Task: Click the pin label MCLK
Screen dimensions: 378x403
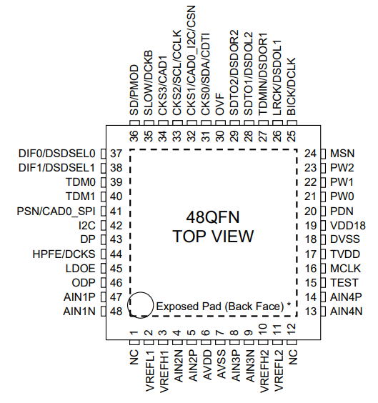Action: point(345,269)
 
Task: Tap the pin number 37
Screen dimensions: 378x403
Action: point(116,154)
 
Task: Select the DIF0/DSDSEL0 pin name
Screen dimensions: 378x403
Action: point(56,154)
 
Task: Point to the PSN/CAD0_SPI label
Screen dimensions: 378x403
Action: point(56,212)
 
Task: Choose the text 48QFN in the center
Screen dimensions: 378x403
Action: point(213,217)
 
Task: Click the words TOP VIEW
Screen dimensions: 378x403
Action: point(213,237)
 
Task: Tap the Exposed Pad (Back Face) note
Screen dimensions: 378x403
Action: point(224,307)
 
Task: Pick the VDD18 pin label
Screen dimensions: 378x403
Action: point(348,225)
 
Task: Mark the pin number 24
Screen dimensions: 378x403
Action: point(310,154)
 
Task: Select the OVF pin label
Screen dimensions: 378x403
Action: point(220,104)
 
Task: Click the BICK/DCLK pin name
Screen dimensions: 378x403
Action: point(292,86)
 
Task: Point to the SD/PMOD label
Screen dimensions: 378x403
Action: point(134,90)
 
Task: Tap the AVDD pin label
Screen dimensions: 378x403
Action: point(207,364)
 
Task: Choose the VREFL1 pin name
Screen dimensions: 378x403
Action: point(150,370)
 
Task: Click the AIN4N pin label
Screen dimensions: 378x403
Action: point(346,312)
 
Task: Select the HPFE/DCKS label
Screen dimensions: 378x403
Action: point(64,254)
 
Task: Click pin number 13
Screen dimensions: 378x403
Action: point(310,312)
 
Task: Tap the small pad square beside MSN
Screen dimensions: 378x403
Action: point(323,154)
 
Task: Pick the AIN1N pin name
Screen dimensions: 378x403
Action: point(79,312)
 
